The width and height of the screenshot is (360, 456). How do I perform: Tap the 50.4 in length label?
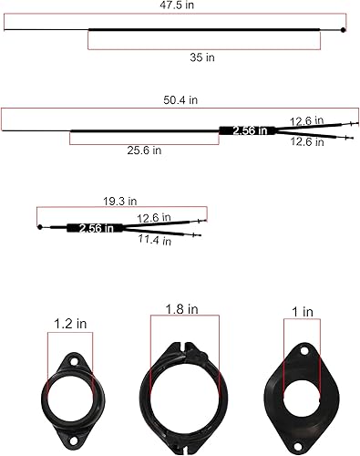pyautogui.click(x=180, y=100)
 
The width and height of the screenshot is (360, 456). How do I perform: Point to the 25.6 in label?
pyautogui.click(x=144, y=150)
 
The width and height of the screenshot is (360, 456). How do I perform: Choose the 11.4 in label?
pyautogui.click(x=154, y=241)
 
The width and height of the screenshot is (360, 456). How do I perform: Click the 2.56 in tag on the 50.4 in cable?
pyautogui.click(x=250, y=130)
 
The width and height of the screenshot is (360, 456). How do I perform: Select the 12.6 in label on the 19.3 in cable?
pyautogui.click(x=154, y=217)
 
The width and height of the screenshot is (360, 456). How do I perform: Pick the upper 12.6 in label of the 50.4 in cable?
pyautogui.click(x=307, y=119)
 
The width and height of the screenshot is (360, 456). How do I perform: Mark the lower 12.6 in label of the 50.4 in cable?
pyautogui.click(x=307, y=141)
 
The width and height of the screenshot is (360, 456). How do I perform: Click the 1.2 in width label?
pyautogui.click(x=70, y=322)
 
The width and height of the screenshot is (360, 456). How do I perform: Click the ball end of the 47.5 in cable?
pyautogui.click(x=343, y=30)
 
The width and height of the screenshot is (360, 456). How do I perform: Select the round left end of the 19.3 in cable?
pyautogui.click(x=40, y=226)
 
